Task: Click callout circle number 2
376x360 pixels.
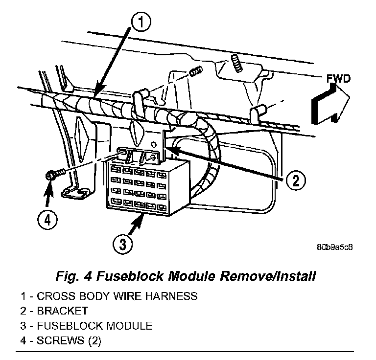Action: pos(294,180)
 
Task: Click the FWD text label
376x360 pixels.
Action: pos(338,79)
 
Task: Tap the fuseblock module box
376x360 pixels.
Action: pos(140,188)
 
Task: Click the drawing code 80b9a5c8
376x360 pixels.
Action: pos(334,247)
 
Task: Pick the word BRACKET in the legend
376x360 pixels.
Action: pos(62,311)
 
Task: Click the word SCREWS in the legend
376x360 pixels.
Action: pos(56,340)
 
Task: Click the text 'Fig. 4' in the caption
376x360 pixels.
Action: pos(78,277)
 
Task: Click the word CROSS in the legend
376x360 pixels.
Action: pos(53,296)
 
